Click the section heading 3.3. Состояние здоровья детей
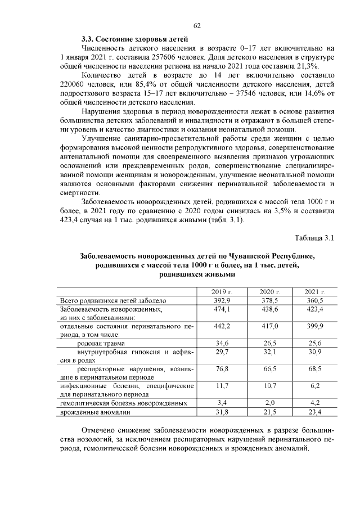click(133, 39)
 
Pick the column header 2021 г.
click(315, 292)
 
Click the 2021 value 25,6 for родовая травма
click(315, 343)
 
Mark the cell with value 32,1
click(268, 352)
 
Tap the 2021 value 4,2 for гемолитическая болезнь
click(315, 403)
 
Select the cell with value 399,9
click(315, 326)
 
